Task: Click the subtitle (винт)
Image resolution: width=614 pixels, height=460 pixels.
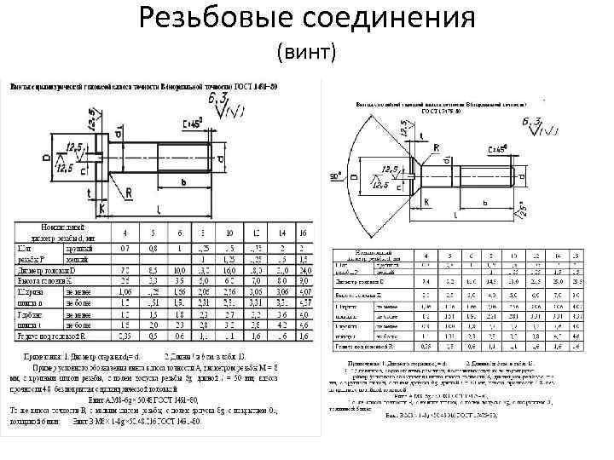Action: click(x=308, y=54)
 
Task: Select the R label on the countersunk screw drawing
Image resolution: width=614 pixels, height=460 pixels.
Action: click(x=437, y=147)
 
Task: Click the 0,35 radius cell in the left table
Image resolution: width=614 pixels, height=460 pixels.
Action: click(x=125, y=335)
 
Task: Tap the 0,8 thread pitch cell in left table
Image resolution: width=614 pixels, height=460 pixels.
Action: click(x=153, y=248)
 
